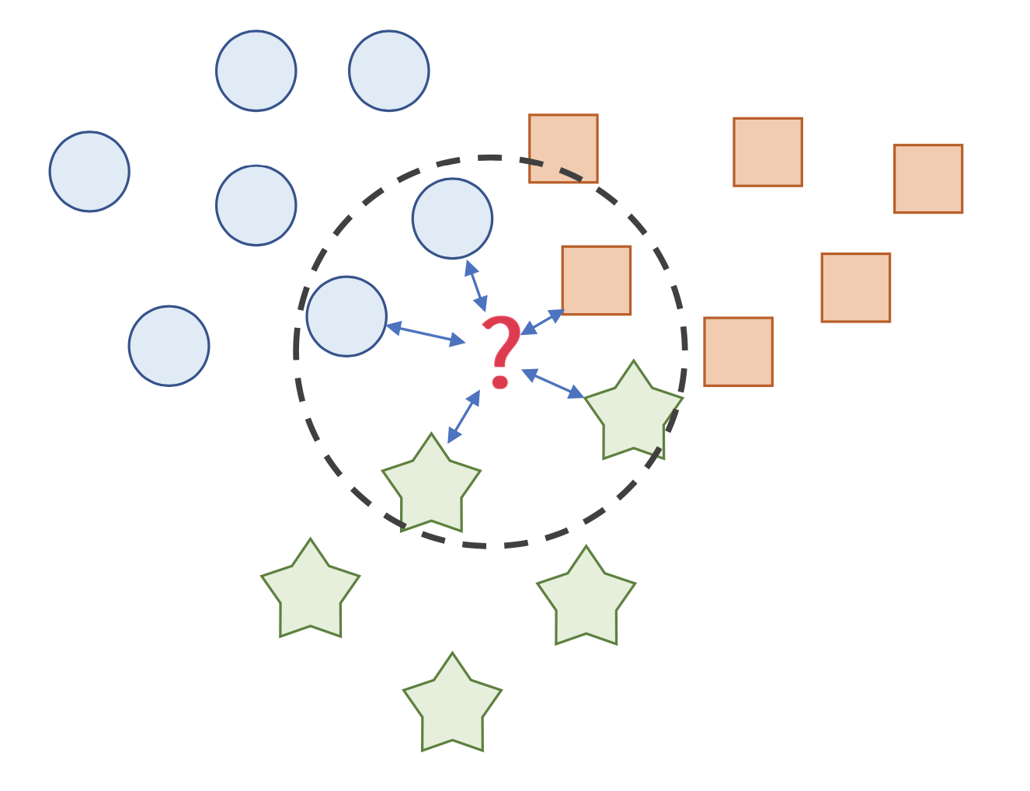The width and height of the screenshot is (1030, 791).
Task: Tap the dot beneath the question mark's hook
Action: [x=500, y=382]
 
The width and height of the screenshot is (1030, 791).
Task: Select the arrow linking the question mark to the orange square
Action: [x=542, y=322]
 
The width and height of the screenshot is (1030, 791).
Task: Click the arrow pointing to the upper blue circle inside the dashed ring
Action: [x=475, y=285]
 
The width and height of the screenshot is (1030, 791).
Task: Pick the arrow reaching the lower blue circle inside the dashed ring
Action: [x=426, y=333]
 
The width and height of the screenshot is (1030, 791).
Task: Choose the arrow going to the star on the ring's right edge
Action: [x=552, y=383]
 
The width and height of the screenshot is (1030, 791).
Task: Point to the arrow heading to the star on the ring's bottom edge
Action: [x=464, y=416]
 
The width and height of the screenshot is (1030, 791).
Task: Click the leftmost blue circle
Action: [x=89, y=172]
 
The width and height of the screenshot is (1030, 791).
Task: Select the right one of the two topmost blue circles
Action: [x=388, y=71]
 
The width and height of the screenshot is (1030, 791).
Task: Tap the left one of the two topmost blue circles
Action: [x=256, y=71]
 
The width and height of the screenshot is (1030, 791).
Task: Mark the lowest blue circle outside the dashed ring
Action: [x=169, y=346]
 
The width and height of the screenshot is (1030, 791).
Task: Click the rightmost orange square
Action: [x=927, y=179]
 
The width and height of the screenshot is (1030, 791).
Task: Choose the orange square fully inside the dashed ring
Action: [x=596, y=281]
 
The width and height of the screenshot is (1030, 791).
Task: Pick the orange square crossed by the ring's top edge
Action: [x=563, y=148]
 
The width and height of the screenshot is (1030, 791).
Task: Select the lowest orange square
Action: [x=738, y=351]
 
